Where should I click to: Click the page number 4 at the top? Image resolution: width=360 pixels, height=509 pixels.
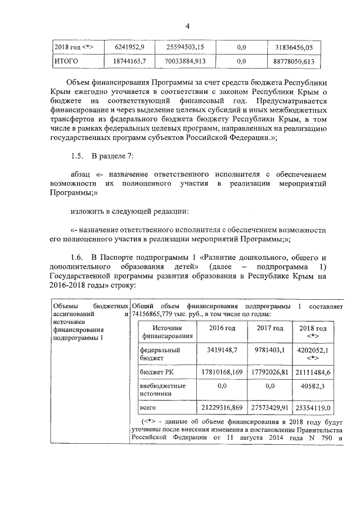(188, 25)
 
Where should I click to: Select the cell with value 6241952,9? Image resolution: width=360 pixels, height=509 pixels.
(129, 46)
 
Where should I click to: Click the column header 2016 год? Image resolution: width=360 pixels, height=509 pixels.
(222, 328)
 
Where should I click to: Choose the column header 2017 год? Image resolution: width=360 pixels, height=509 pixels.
(269, 328)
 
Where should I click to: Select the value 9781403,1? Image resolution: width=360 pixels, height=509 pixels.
(269, 350)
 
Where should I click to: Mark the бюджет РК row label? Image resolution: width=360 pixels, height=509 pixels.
(154, 372)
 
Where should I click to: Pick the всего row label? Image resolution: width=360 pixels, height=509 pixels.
(147, 407)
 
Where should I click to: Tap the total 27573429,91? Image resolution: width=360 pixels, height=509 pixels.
(269, 407)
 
